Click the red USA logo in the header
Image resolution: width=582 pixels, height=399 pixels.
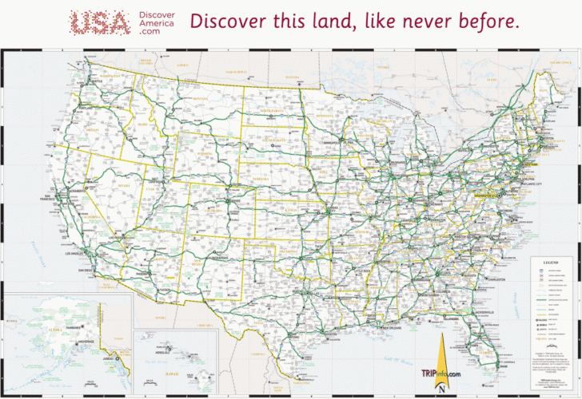coord(99,22)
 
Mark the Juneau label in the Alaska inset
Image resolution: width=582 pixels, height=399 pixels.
coord(109,359)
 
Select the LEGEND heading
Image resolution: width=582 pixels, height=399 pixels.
coord(551,262)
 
